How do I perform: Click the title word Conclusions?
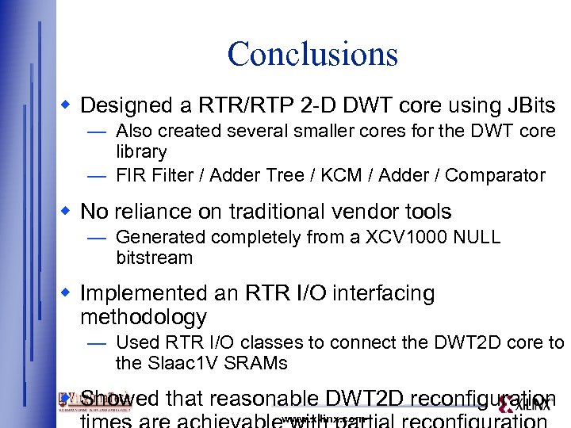coord(312,54)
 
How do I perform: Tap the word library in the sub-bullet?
coord(141,151)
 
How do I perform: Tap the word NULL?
coord(477,237)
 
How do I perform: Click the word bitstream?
coord(154,258)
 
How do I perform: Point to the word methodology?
coord(144,318)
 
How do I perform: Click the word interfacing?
coord(388,294)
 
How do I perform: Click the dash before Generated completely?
coord(98,237)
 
